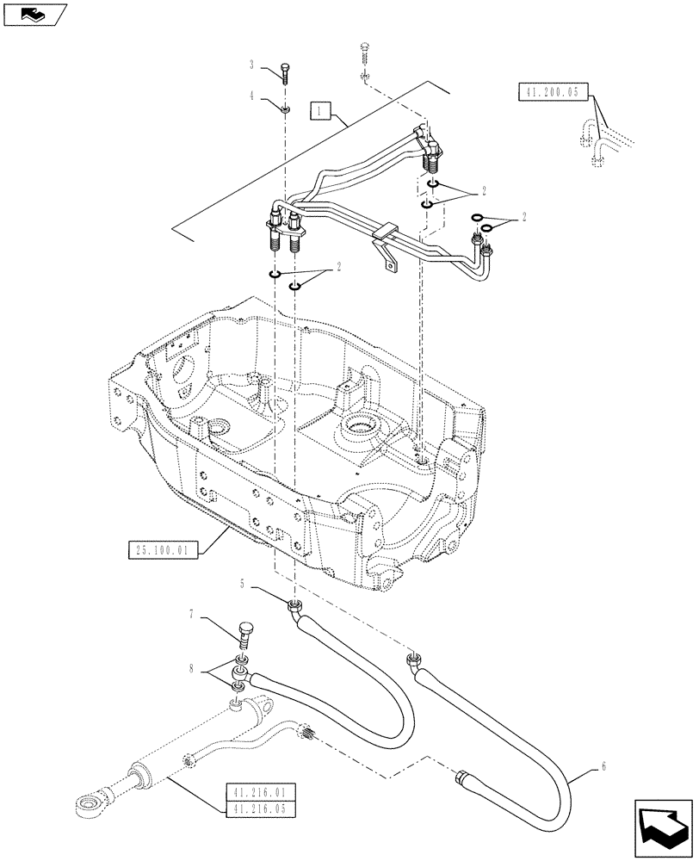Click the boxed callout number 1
[x=319, y=111]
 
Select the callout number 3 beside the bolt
[x=251, y=65]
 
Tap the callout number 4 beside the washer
[x=251, y=96]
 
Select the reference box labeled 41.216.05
[x=259, y=808]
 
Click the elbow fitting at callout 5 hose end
[x=296, y=610]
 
